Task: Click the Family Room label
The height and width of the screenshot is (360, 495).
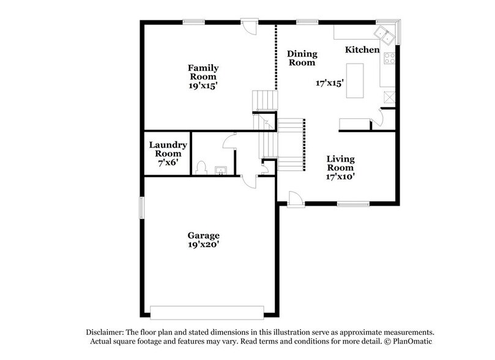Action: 203,72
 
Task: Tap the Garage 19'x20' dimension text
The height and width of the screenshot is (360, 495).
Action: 204,244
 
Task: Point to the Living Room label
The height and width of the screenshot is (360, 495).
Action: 340,163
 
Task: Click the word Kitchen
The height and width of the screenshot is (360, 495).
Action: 362,50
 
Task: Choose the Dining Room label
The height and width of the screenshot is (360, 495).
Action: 302,58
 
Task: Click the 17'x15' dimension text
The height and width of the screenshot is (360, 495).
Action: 330,82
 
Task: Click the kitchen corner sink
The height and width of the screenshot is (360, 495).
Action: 386,32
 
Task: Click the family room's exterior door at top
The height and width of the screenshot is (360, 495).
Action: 249,26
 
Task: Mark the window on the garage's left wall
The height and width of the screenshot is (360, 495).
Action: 142,206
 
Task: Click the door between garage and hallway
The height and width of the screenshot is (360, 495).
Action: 249,180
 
